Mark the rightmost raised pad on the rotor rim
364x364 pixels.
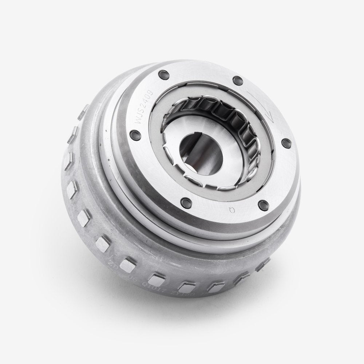263,265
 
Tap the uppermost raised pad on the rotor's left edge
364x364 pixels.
86,108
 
